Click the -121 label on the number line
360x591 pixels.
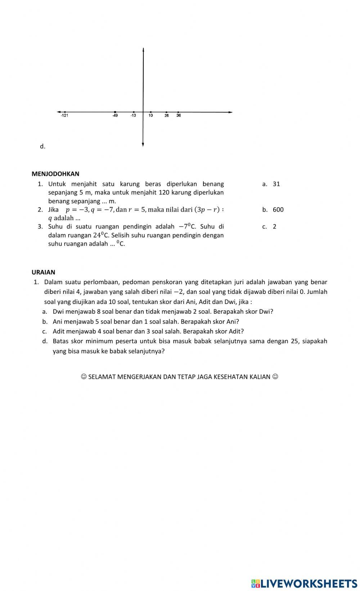(x=64, y=115)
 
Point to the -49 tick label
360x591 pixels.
(x=115, y=115)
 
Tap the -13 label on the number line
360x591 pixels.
(x=133, y=115)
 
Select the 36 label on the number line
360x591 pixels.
(x=179, y=115)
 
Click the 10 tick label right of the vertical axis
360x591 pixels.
(x=150, y=115)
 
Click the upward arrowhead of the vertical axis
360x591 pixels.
(x=143, y=49)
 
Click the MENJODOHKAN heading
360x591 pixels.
(x=55, y=174)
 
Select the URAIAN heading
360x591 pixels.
(x=44, y=272)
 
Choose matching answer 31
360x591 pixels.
(x=276, y=184)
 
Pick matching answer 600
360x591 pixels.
(x=278, y=210)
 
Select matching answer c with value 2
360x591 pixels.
(x=274, y=227)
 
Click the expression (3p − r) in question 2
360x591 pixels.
(x=207, y=209)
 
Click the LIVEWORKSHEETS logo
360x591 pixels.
(x=304, y=583)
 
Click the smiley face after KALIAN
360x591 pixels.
(x=275, y=377)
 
